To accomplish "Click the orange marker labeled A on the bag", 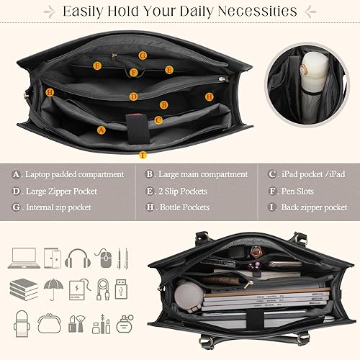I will [101, 130].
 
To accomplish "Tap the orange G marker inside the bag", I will [143, 55].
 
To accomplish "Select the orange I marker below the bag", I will [143, 154].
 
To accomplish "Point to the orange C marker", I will [158, 120].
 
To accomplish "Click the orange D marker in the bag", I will [133, 96].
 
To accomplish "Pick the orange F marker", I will [134, 72].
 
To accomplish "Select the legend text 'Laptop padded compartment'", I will [74, 174].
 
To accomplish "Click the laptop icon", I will [23, 256].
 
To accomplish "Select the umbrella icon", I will [52, 288].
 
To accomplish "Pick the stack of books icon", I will [23, 288].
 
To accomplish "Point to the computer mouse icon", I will [104, 257].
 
